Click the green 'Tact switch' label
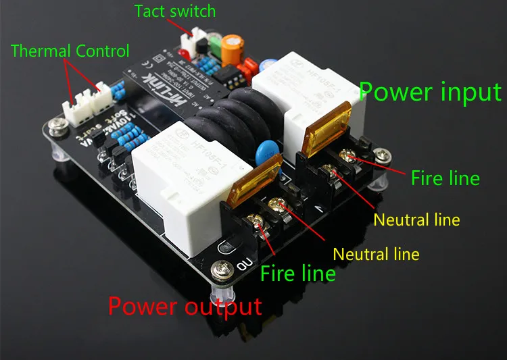click(174, 11)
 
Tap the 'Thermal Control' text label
click(70, 51)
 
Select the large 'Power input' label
click(430, 92)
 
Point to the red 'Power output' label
click(185, 306)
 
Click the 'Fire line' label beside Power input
click(445, 178)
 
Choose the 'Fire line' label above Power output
click(297, 273)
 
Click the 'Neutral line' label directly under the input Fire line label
click(416, 220)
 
